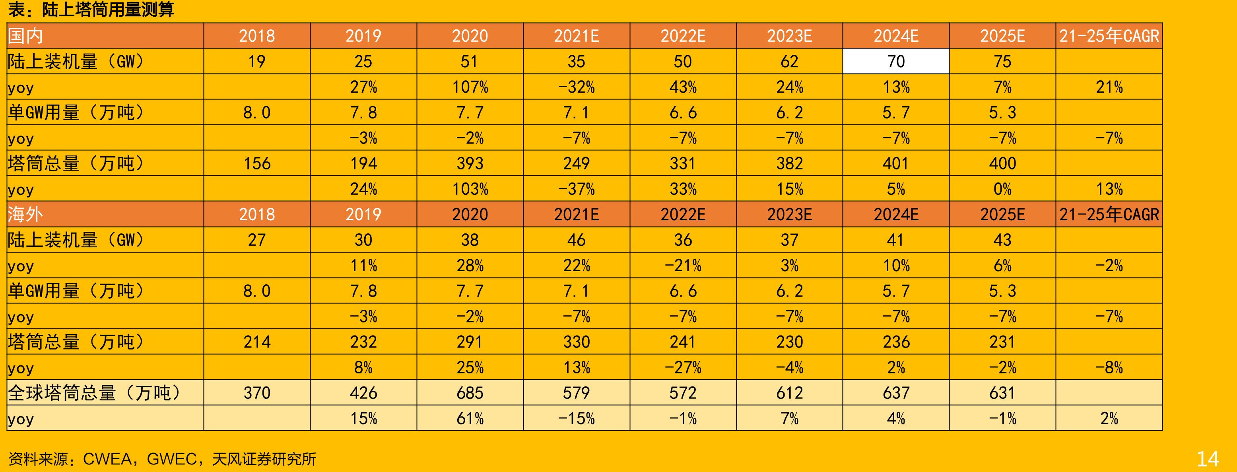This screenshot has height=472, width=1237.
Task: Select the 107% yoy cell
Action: (x=470, y=87)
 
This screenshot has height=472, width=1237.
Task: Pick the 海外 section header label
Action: (x=25, y=214)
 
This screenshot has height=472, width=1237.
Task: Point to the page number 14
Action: (x=1208, y=459)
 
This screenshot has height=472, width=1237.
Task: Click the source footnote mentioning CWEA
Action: (x=162, y=459)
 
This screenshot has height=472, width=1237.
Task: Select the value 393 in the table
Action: (x=470, y=163)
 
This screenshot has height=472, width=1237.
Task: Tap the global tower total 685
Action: (x=470, y=393)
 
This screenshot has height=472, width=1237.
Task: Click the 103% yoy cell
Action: (x=470, y=189)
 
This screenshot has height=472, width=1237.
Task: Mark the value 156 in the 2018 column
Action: (x=257, y=163)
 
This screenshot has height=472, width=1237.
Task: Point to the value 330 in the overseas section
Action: (x=576, y=342)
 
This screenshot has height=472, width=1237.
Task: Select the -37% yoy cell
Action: (x=576, y=189)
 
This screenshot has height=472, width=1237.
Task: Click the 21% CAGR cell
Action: (x=1109, y=87)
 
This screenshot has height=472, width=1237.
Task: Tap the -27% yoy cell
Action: (x=683, y=367)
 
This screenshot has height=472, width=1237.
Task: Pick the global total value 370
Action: (x=257, y=393)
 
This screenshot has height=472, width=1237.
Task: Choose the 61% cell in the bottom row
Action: (x=470, y=418)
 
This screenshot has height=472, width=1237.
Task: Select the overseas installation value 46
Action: (x=576, y=240)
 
